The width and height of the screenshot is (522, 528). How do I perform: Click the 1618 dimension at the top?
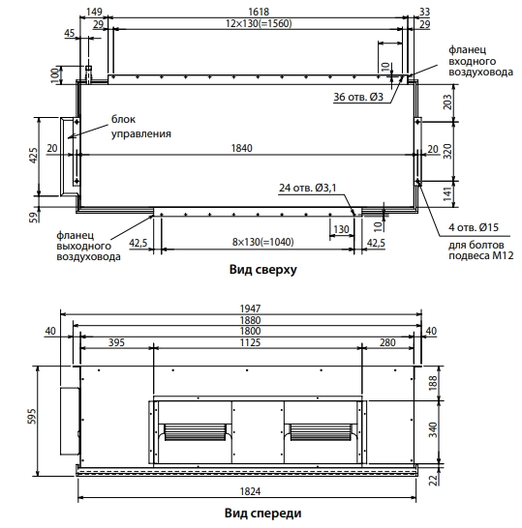pyautogui.click(x=259, y=12)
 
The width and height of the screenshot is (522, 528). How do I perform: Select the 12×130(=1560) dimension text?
pyautogui.click(x=259, y=23)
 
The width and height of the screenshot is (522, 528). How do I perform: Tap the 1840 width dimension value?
pyautogui.click(x=242, y=148)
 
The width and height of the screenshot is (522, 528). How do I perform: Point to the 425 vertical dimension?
pyautogui.click(x=34, y=156)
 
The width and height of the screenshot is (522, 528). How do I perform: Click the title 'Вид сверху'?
pyautogui.click(x=263, y=270)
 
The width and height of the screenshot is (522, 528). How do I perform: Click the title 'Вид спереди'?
pyautogui.click(x=263, y=513)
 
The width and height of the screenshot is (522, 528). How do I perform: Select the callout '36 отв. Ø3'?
pyautogui.click(x=358, y=97)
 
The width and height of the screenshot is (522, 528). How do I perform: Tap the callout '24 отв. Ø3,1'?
pyautogui.click(x=308, y=188)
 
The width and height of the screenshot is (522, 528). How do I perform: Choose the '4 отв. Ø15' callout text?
pyautogui.click(x=474, y=227)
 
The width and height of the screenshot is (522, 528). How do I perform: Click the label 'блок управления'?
pyautogui.click(x=141, y=127)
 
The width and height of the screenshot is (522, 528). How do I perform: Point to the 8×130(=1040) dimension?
pyautogui.click(x=263, y=242)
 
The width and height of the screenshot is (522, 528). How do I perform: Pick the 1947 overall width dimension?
pyautogui.click(x=250, y=308)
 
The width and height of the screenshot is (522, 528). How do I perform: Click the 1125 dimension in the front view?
pyautogui.click(x=250, y=342)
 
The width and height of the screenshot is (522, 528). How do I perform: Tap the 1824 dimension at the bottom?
pyautogui.click(x=250, y=492)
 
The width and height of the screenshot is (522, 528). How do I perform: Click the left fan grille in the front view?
pyautogui.click(x=195, y=432)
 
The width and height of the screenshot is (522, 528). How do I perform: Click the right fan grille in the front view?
pyautogui.click(x=321, y=432)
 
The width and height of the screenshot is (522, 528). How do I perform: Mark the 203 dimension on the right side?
pyautogui.click(x=447, y=103)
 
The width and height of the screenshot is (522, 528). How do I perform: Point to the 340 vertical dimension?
pyautogui.click(x=433, y=429)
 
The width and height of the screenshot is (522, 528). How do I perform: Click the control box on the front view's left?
pyautogui.click(x=70, y=422)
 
